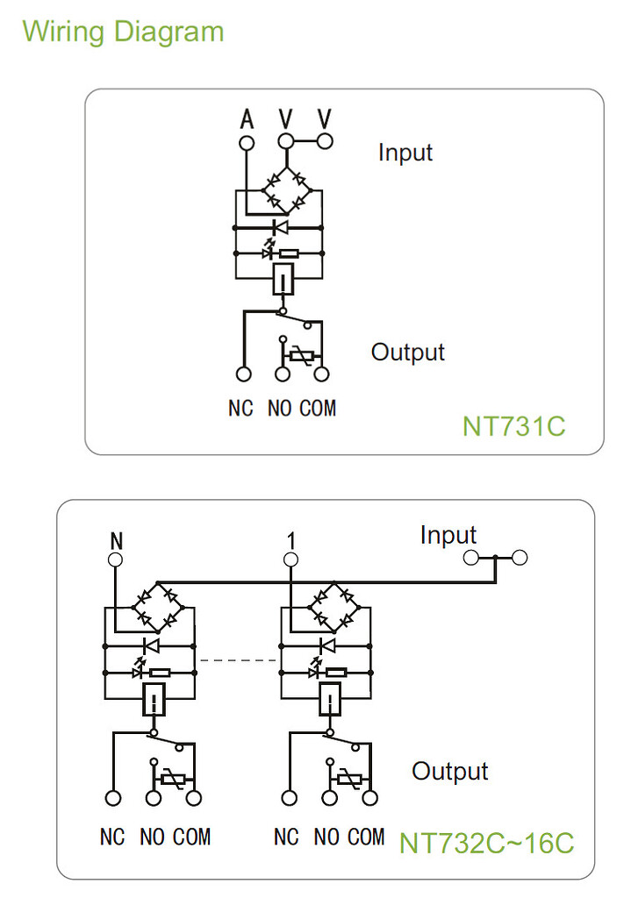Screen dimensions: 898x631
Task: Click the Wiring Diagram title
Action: (123, 32)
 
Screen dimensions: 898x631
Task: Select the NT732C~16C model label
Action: (487, 843)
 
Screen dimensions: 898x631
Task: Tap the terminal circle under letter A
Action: (247, 141)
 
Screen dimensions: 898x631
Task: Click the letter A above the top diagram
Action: (247, 118)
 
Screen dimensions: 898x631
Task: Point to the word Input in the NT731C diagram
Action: (405, 152)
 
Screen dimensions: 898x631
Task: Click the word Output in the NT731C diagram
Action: (407, 353)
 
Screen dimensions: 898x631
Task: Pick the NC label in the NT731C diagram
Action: (240, 408)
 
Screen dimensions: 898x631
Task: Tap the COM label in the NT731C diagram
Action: (318, 408)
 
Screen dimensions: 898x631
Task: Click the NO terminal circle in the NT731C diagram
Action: (283, 374)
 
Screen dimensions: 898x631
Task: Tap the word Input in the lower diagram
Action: (448, 535)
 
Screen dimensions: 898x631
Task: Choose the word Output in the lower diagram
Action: (450, 772)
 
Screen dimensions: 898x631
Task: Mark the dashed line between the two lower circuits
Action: (239, 659)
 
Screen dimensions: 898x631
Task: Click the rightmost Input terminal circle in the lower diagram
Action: (520, 557)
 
